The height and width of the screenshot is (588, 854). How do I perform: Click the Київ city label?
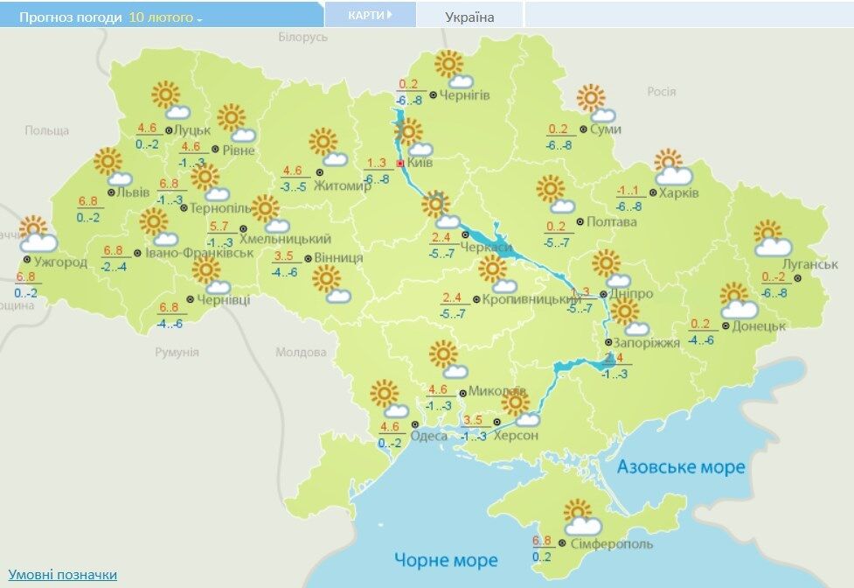(420, 164)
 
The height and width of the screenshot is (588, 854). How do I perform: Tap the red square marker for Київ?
(400, 164)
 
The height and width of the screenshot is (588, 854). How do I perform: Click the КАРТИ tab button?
(370, 15)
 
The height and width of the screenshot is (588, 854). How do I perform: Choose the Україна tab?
(469, 17)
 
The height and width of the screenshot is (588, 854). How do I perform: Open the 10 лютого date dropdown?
(165, 17)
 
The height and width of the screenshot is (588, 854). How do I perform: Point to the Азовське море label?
(681, 467)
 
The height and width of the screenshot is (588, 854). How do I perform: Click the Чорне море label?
(446, 560)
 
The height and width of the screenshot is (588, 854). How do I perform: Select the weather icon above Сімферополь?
(581, 517)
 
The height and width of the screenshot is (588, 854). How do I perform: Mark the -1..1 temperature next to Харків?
(628, 192)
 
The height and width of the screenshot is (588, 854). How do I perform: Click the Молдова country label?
(300, 353)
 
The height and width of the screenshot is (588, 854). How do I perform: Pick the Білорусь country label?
(302, 38)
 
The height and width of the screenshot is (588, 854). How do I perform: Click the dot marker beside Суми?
(584, 129)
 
